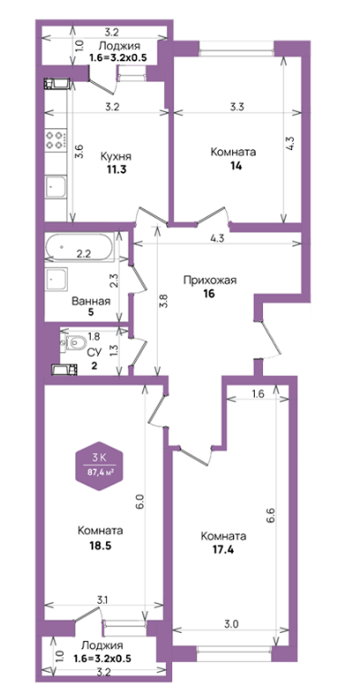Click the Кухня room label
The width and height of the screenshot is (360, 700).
click(116, 157)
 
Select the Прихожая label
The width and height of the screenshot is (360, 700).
click(209, 281)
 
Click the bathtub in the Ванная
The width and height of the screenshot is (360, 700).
click(79, 248)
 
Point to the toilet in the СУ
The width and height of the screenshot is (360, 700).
click(74, 343)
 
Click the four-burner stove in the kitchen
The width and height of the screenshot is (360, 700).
click(56, 139)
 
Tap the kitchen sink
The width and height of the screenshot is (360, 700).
click(56, 186)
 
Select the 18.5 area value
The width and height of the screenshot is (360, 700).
click(101, 546)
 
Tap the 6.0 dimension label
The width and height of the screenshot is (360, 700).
click(140, 502)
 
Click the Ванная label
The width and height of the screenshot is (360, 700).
click(91, 301)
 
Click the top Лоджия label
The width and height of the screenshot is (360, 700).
click(119, 46)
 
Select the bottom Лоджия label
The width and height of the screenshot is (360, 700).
click(102, 645)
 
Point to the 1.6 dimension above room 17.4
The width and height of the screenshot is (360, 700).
click(259, 394)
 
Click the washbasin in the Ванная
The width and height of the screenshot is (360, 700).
click(56, 278)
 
